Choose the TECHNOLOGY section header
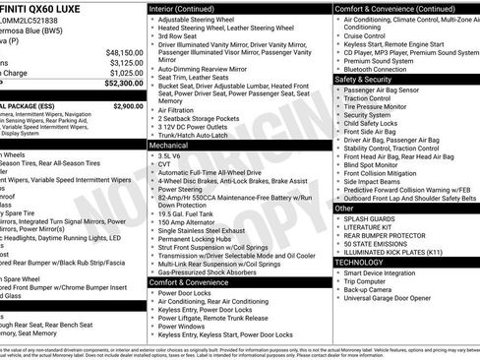pos(365,263)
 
